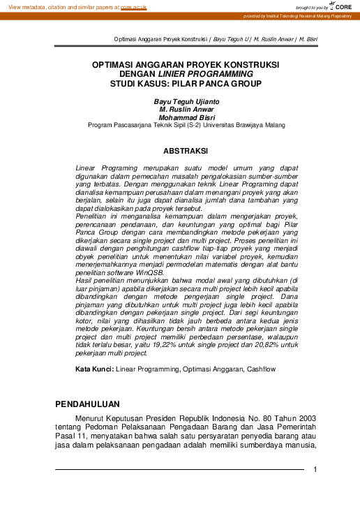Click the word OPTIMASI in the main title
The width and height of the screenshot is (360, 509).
[x=118, y=64]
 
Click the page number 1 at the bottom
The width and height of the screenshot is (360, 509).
[x=315, y=469]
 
